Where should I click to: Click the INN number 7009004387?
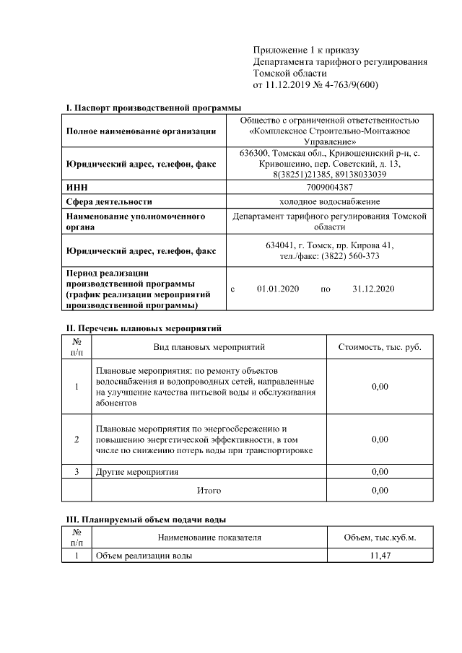pyautogui.click(x=328, y=187)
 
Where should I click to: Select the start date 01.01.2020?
pyautogui.click(x=278, y=289)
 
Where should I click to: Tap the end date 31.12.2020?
pyautogui.click(x=373, y=289)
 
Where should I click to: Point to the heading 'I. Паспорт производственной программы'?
pyautogui.click(x=153, y=108)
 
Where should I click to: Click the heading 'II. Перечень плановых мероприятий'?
pyautogui.click(x=144, y=328)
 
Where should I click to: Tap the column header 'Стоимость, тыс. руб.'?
pyautogui.click(x=380, y=347)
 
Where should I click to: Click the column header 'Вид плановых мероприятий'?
pyautogui.click(x=209, y=347)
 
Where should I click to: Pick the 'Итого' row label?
pyautogui.click(x=209, y=491)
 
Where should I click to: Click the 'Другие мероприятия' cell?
pyautogui.click(x=137, y=472)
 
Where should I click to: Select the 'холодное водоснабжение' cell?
pyautogui.click(x=328, y=201)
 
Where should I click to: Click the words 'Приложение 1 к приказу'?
pyautogui.click(x=306, y=51)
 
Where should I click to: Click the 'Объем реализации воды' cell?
pyautogui.click(x=144, y=556)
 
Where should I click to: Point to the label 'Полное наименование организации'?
pyautogui.click(x=141, y=131)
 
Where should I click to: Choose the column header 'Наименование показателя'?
pyautogui.click(x=209, y=538)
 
